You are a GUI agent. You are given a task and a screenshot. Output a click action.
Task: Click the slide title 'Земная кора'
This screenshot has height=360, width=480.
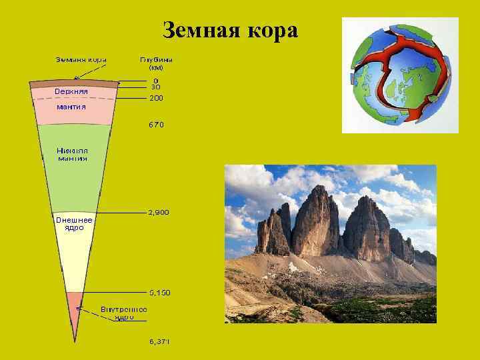click(231, 31)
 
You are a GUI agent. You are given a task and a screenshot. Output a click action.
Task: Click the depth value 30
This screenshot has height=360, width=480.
click(155, 87)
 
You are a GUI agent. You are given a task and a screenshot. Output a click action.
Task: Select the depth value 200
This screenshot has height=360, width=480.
click(156, 98)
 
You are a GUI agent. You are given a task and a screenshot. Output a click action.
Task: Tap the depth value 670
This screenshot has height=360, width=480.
click(156, 125)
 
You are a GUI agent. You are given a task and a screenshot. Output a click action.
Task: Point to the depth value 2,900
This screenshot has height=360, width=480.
click(159, 213)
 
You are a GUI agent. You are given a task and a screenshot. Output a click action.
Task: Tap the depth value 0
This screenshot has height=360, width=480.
click(155, 80)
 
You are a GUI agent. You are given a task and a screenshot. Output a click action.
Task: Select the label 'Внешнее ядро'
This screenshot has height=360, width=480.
click(74, 223)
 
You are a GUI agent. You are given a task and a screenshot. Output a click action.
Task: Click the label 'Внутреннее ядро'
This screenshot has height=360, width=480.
click(124, 313)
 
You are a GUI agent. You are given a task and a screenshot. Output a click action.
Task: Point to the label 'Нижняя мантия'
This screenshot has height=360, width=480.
click(72, 155)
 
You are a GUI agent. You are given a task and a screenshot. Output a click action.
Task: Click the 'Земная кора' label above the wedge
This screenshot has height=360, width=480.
click(81, 59)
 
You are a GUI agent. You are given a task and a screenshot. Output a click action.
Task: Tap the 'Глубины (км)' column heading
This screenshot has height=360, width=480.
click(156, 63)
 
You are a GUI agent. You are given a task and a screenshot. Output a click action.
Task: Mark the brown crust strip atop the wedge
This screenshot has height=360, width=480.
click(75, 83)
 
